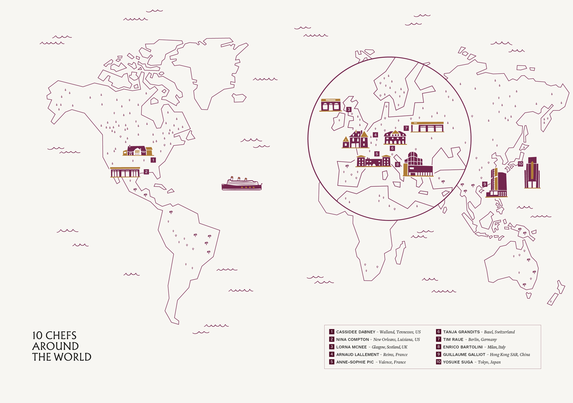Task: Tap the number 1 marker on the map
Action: pyautogui.click(x=153, y=160)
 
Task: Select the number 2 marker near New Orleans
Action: pyautogui.click(x=146, y=172)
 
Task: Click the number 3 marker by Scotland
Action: pyautogui.click(x=349, y=109)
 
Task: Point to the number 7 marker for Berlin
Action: pyautogui.click(x=406, y=128)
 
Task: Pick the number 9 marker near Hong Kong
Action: pyautogui.click(x=485, y=184)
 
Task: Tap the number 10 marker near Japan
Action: pyautogui.click(x=520, y=164)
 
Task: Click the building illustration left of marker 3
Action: pyautogui.click(x=331, y=105)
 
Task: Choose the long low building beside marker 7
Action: pyautogui.click(x=427, y=127)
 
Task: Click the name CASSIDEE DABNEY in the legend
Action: pyautogui.click(x=356, y=332)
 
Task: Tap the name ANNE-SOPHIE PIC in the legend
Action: pyautogui.click(x=355, y=362)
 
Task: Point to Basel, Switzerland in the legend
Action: pyautogui.click(x=499, y=332)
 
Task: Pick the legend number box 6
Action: pyautogui.click(x=439, y=332)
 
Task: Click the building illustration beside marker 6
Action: pyautogui.click(x=395, y=137)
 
